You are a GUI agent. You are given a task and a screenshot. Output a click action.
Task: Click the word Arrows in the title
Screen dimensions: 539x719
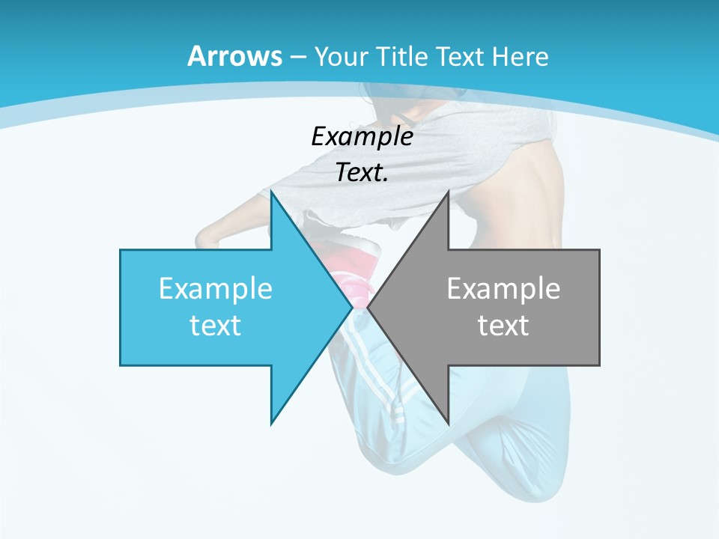(234, 56)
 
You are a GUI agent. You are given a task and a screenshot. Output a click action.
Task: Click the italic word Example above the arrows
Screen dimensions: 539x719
(362, 136)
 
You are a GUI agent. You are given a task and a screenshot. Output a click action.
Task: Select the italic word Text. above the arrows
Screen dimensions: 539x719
(362, 172)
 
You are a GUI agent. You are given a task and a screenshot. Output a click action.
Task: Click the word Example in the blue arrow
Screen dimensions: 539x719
(216, 288)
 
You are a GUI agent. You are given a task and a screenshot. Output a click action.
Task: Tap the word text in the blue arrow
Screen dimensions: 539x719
(216, 325)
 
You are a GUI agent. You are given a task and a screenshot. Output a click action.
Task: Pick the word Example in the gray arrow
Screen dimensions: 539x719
(503, 288)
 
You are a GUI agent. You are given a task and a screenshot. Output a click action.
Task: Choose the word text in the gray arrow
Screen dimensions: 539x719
(503, 325)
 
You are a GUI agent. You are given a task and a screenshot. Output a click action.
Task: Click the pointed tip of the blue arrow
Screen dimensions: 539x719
(351, 307)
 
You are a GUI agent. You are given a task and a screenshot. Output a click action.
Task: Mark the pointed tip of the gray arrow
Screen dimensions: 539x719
(369, 307)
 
